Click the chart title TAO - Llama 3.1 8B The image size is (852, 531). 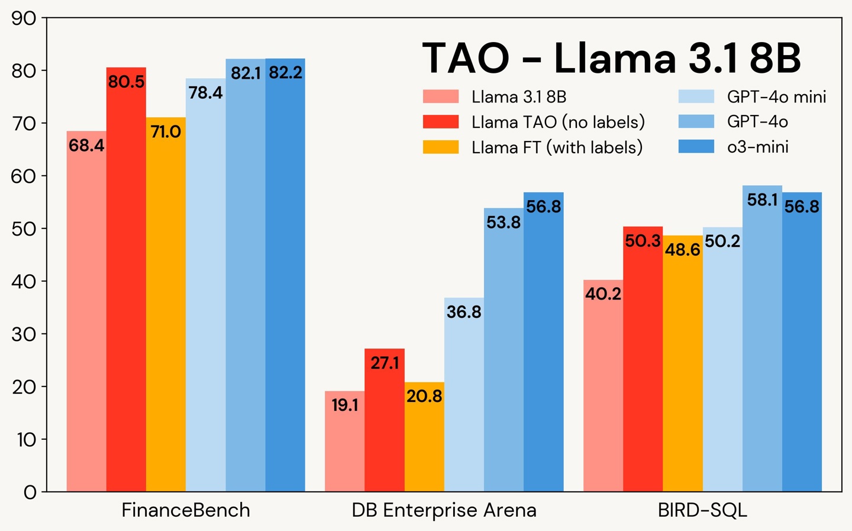611,58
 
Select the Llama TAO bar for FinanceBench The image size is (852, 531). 126,284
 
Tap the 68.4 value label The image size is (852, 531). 86,145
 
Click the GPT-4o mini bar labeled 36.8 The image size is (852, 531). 464,397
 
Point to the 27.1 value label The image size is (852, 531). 385,363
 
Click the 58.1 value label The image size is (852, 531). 762,200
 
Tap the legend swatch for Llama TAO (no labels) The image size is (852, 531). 441,122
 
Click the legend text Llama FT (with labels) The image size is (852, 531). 557,147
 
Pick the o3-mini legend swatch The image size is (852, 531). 696,147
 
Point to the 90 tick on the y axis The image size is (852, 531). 24,18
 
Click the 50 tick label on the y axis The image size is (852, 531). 24,229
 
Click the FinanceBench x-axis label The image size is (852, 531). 186,510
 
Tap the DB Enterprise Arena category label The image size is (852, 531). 444,510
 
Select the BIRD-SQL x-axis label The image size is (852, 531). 702,510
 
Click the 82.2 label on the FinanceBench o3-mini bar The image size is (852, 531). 285,73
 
